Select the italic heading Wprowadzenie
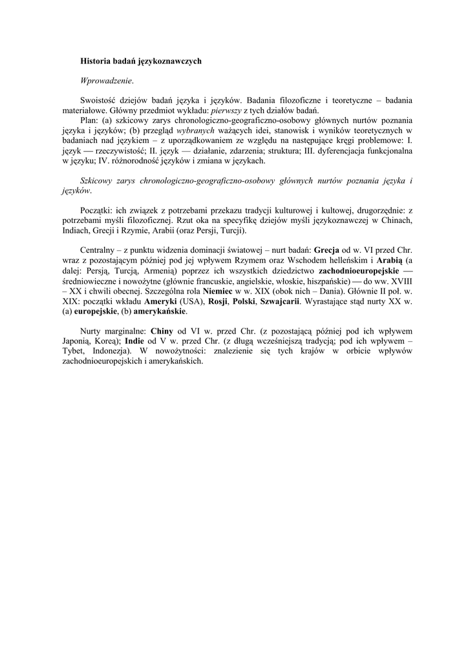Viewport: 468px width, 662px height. pos(107,81)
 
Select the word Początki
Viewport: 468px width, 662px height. pos(97,211)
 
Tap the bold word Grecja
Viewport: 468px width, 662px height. pos(326,251)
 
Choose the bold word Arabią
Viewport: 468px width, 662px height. pos(388,261)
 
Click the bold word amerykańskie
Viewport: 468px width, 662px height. pos(160,311)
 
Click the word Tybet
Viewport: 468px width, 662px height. pos(89,351)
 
